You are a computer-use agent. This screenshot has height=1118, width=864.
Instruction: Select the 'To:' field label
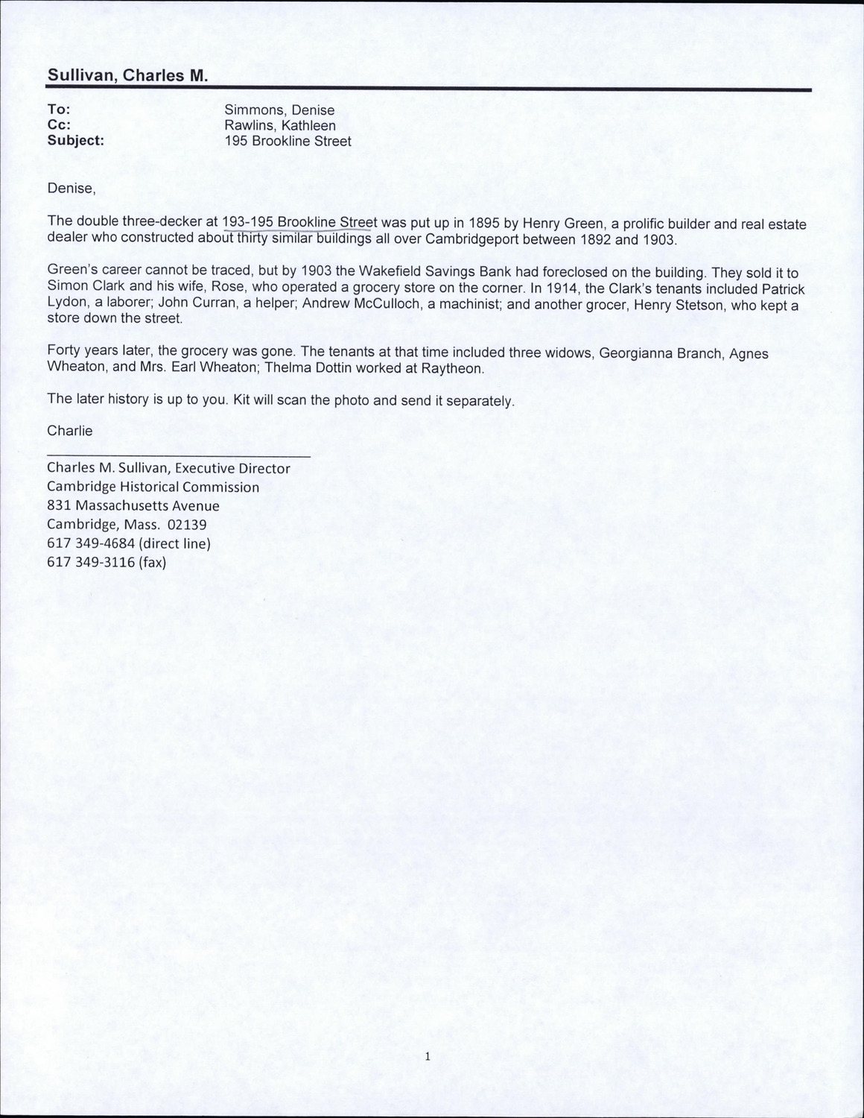coord(59,110)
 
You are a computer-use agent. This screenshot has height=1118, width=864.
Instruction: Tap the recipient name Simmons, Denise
coord(279,110)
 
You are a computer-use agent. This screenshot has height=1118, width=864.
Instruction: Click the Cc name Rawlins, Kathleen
coord(280,126)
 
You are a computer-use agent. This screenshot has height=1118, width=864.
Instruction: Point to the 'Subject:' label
coord(75,141)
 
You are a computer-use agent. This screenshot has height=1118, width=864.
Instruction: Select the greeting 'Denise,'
coord(72,189)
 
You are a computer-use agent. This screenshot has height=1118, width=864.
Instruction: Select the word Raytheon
coord(454,369)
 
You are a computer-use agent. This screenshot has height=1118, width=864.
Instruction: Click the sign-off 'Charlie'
coord(70,431)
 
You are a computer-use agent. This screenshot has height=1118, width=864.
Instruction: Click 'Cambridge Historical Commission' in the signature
coord(153,487)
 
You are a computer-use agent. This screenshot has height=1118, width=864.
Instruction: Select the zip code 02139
coord(187,525)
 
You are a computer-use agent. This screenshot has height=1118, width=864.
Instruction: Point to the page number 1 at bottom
coord(428,1056)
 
